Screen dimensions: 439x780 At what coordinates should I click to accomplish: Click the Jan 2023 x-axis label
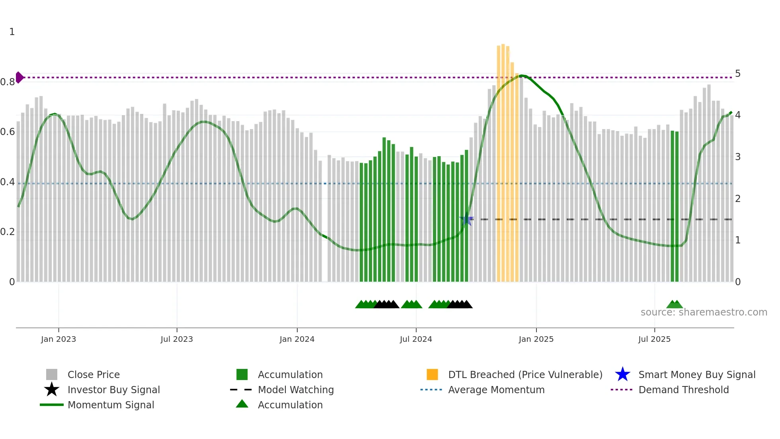click(x=58, y=339)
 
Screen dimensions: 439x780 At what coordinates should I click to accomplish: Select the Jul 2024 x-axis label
click(x=415, y=339)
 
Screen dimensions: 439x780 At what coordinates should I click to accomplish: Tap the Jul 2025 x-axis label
click(x=654, y=339)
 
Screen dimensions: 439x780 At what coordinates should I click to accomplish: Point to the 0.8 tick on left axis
click(x=8, y=82)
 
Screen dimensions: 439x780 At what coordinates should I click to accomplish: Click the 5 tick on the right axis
click(x=737, y=74)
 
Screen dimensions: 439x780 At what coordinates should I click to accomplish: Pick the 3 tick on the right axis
click(x=737, y=157)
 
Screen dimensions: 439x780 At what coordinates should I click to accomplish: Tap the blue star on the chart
click(x=466, y=219)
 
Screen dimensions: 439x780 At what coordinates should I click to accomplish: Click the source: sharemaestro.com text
click(x=704, y=312)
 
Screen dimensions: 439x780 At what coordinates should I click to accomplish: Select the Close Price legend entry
click(x=94, y=374)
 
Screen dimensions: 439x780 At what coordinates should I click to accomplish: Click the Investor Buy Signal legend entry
click(x=113, y=390)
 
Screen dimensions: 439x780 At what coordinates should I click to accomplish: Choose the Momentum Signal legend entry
click(x=111, y=405)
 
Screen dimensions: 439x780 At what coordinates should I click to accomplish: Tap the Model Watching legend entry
click(x=295, y=390)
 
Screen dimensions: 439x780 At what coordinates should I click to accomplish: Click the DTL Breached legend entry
click(x=525, y=374)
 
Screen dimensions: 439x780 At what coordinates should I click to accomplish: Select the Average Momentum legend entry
click(x=496, y=390)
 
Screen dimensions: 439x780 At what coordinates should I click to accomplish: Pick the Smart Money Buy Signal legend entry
click(x=696, y=374)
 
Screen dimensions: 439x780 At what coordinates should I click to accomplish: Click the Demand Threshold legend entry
click(x=683, y=390)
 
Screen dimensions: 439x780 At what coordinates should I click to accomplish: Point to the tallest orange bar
click(x=503, y=159)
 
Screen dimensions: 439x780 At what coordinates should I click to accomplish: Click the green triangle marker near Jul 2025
click(x=674, y=305)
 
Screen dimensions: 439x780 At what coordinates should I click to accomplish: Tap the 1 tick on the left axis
click(x=12, y=32)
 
